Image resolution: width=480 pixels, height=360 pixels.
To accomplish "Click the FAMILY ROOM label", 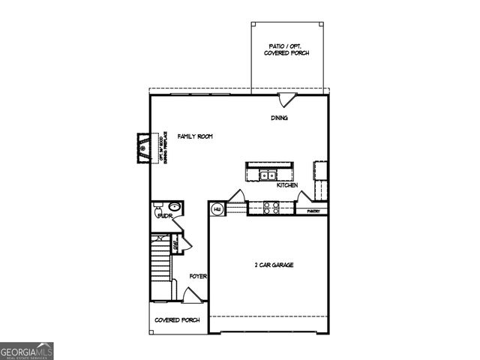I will [x=195, y=136].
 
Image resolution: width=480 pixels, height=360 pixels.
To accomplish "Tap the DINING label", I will [x=280, y=118].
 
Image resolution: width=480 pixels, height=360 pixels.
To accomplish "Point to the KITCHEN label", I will [x=287, y=185].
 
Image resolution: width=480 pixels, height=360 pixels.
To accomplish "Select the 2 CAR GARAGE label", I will [x=273, y=265].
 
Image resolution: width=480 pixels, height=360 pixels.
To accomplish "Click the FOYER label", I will [x=198, y=276].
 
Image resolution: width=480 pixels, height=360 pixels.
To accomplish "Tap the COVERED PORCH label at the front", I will [x=177, y=320].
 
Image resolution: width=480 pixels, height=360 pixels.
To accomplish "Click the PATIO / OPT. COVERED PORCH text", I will [x=286, y=50].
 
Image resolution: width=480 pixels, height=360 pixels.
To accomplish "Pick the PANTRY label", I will [x=314, y=211].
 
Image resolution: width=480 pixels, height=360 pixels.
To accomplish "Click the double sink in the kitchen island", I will [x=267, y=175].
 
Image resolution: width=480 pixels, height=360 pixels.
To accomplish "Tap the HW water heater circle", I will [x=217, y=209].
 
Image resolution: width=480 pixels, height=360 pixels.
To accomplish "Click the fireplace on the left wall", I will [x=142, y=148].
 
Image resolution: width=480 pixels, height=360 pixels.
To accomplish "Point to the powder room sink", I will [x=174, y=207].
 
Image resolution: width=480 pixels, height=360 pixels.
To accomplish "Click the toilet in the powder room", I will [x=158, y=215].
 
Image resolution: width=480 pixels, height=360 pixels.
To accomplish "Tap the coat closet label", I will [x=175, y=244].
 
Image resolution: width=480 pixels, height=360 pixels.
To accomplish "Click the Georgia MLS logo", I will [x=27, y=350].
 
